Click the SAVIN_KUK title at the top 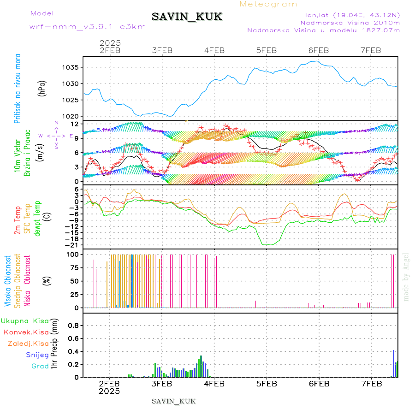click(187, 17)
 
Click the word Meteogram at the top click(268, 4)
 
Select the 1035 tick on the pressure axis click(70, 67)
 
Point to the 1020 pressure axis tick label click(70, 116)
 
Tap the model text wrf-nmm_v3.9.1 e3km click(88, 27)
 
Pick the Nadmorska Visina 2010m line click(350, 22)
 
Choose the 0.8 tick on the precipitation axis click(73, 326)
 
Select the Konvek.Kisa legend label click(26, 332)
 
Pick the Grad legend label click(40, 367)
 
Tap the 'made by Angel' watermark click(406, 277)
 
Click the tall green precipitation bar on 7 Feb click(393, 363)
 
